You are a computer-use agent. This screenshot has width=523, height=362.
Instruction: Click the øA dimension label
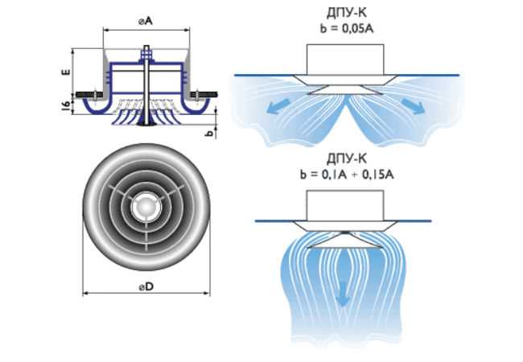pyautogui.click(x=146, y=21)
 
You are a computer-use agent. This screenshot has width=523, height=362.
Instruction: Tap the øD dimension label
pyautogui.click(x=146, y=286)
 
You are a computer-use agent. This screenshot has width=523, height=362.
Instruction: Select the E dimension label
pyautogui.click(x=67, y=72)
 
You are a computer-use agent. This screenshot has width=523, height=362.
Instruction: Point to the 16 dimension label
pyautogui.click(x=67, y=105)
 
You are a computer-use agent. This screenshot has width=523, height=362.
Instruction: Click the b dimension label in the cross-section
pyautogui.click(x=209, y=133)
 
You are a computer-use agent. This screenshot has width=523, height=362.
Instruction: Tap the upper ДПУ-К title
pyautogui.click(x=347, y=13)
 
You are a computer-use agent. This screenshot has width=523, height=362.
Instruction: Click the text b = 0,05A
pyautogui.click(x=347, y=29)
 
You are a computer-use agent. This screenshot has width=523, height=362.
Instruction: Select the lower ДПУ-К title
pyautogui.click(x=347, y=158)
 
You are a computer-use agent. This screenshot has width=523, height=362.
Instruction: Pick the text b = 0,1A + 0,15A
pyautogui.click(x=347, y=175)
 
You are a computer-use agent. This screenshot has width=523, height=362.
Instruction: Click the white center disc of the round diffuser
pyautogui.click(x=146, y=207)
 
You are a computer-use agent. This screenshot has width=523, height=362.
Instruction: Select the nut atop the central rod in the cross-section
pyautogui.click(x=146, y=53)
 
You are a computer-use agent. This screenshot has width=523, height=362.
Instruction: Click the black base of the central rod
pyautogui.click(x=146, y=124)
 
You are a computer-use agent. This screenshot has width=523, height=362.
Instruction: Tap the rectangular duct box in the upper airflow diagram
pyautogui.click(x=345, y=60)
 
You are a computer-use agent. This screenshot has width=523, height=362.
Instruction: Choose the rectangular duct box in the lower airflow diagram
pyautogui.click(x=345, y=206)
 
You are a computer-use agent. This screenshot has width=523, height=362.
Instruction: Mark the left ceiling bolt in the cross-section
pyautogui.click(x=95, y=95)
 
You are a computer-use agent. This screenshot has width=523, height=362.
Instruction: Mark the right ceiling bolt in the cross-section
pyautogui.click(x=197, y=95)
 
